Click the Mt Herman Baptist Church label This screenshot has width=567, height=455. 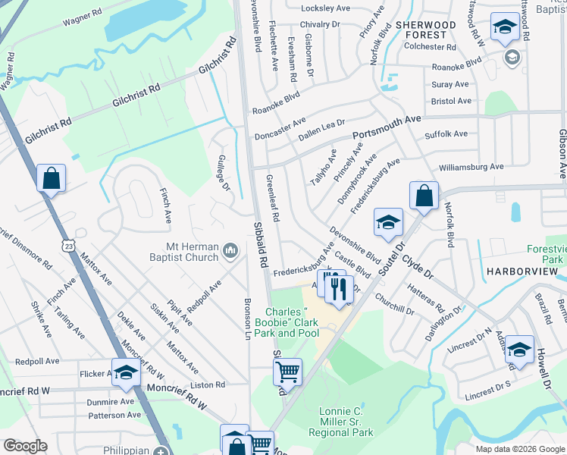coord(193,252)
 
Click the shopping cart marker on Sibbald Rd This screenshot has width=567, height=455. coord(287,372)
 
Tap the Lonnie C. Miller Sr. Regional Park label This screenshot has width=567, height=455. coord(340,422)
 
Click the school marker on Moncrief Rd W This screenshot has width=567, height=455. coord(127,372)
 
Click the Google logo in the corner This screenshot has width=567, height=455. coord(25,446)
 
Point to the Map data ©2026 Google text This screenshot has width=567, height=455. coord(519,449)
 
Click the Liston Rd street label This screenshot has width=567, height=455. coord(210,385)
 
